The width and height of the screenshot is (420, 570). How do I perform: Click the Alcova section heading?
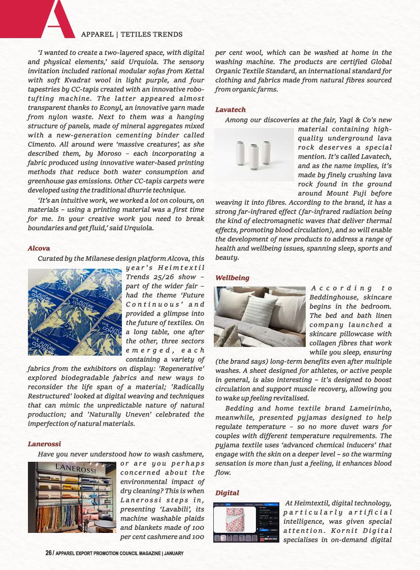[39, 248]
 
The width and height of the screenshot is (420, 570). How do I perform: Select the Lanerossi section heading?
[44, 444]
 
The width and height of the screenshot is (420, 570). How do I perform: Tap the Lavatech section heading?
[230, 110]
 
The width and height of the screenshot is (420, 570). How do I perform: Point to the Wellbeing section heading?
[232, 278]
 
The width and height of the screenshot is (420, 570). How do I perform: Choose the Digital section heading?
[227, 493]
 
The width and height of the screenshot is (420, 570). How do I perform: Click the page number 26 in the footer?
[48, 553]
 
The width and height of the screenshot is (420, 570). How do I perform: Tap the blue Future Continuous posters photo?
[74, 311]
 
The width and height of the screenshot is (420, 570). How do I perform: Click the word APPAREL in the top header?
[97, 35]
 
